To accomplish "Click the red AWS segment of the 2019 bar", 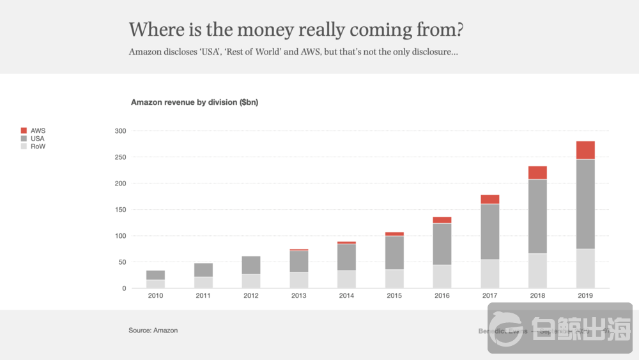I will (x=585, y=150).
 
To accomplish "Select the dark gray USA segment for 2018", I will (x=537, y=216).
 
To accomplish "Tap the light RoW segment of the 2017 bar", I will (x=489, y=274).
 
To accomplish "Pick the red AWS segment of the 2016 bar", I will (x=442, y=220).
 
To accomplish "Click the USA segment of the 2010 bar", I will (x=155, y=275).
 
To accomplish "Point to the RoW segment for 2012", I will (x=251, y=281).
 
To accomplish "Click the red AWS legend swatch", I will (x=24, y=130).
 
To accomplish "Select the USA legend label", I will (x=38, y=138).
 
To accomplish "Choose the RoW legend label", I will (x=38, y=146).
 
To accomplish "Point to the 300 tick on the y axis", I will (x=121, y=131).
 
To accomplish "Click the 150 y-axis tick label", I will (x=121, y=210).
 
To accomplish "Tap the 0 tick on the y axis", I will (x=124, y=288).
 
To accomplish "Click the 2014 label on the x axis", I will (x=346, y=296).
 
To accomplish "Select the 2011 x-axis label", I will (x=203, y=296).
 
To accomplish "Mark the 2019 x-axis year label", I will (x=585, y=296).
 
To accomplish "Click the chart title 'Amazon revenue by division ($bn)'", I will (x=194, y=102).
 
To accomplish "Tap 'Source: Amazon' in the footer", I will (x=153, y=331).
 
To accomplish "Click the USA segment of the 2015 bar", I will (x=394, y=253).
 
